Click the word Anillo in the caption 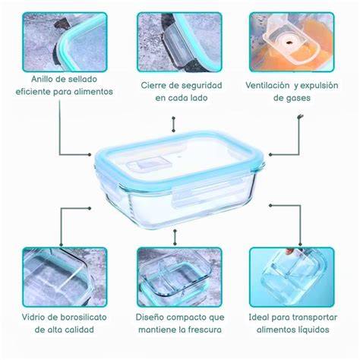click(43, 79)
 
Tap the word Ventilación click(267, 85)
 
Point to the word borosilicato click(84, 317)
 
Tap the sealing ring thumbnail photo click(65, 42)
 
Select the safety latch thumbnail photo click(179, 42)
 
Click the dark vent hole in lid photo click(289, 43)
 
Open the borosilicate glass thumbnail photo click(65, 277)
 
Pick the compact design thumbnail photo click(179, 277)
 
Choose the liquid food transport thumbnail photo click(292, 277)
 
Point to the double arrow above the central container click(173, 125)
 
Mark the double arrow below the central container click(175, 237)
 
